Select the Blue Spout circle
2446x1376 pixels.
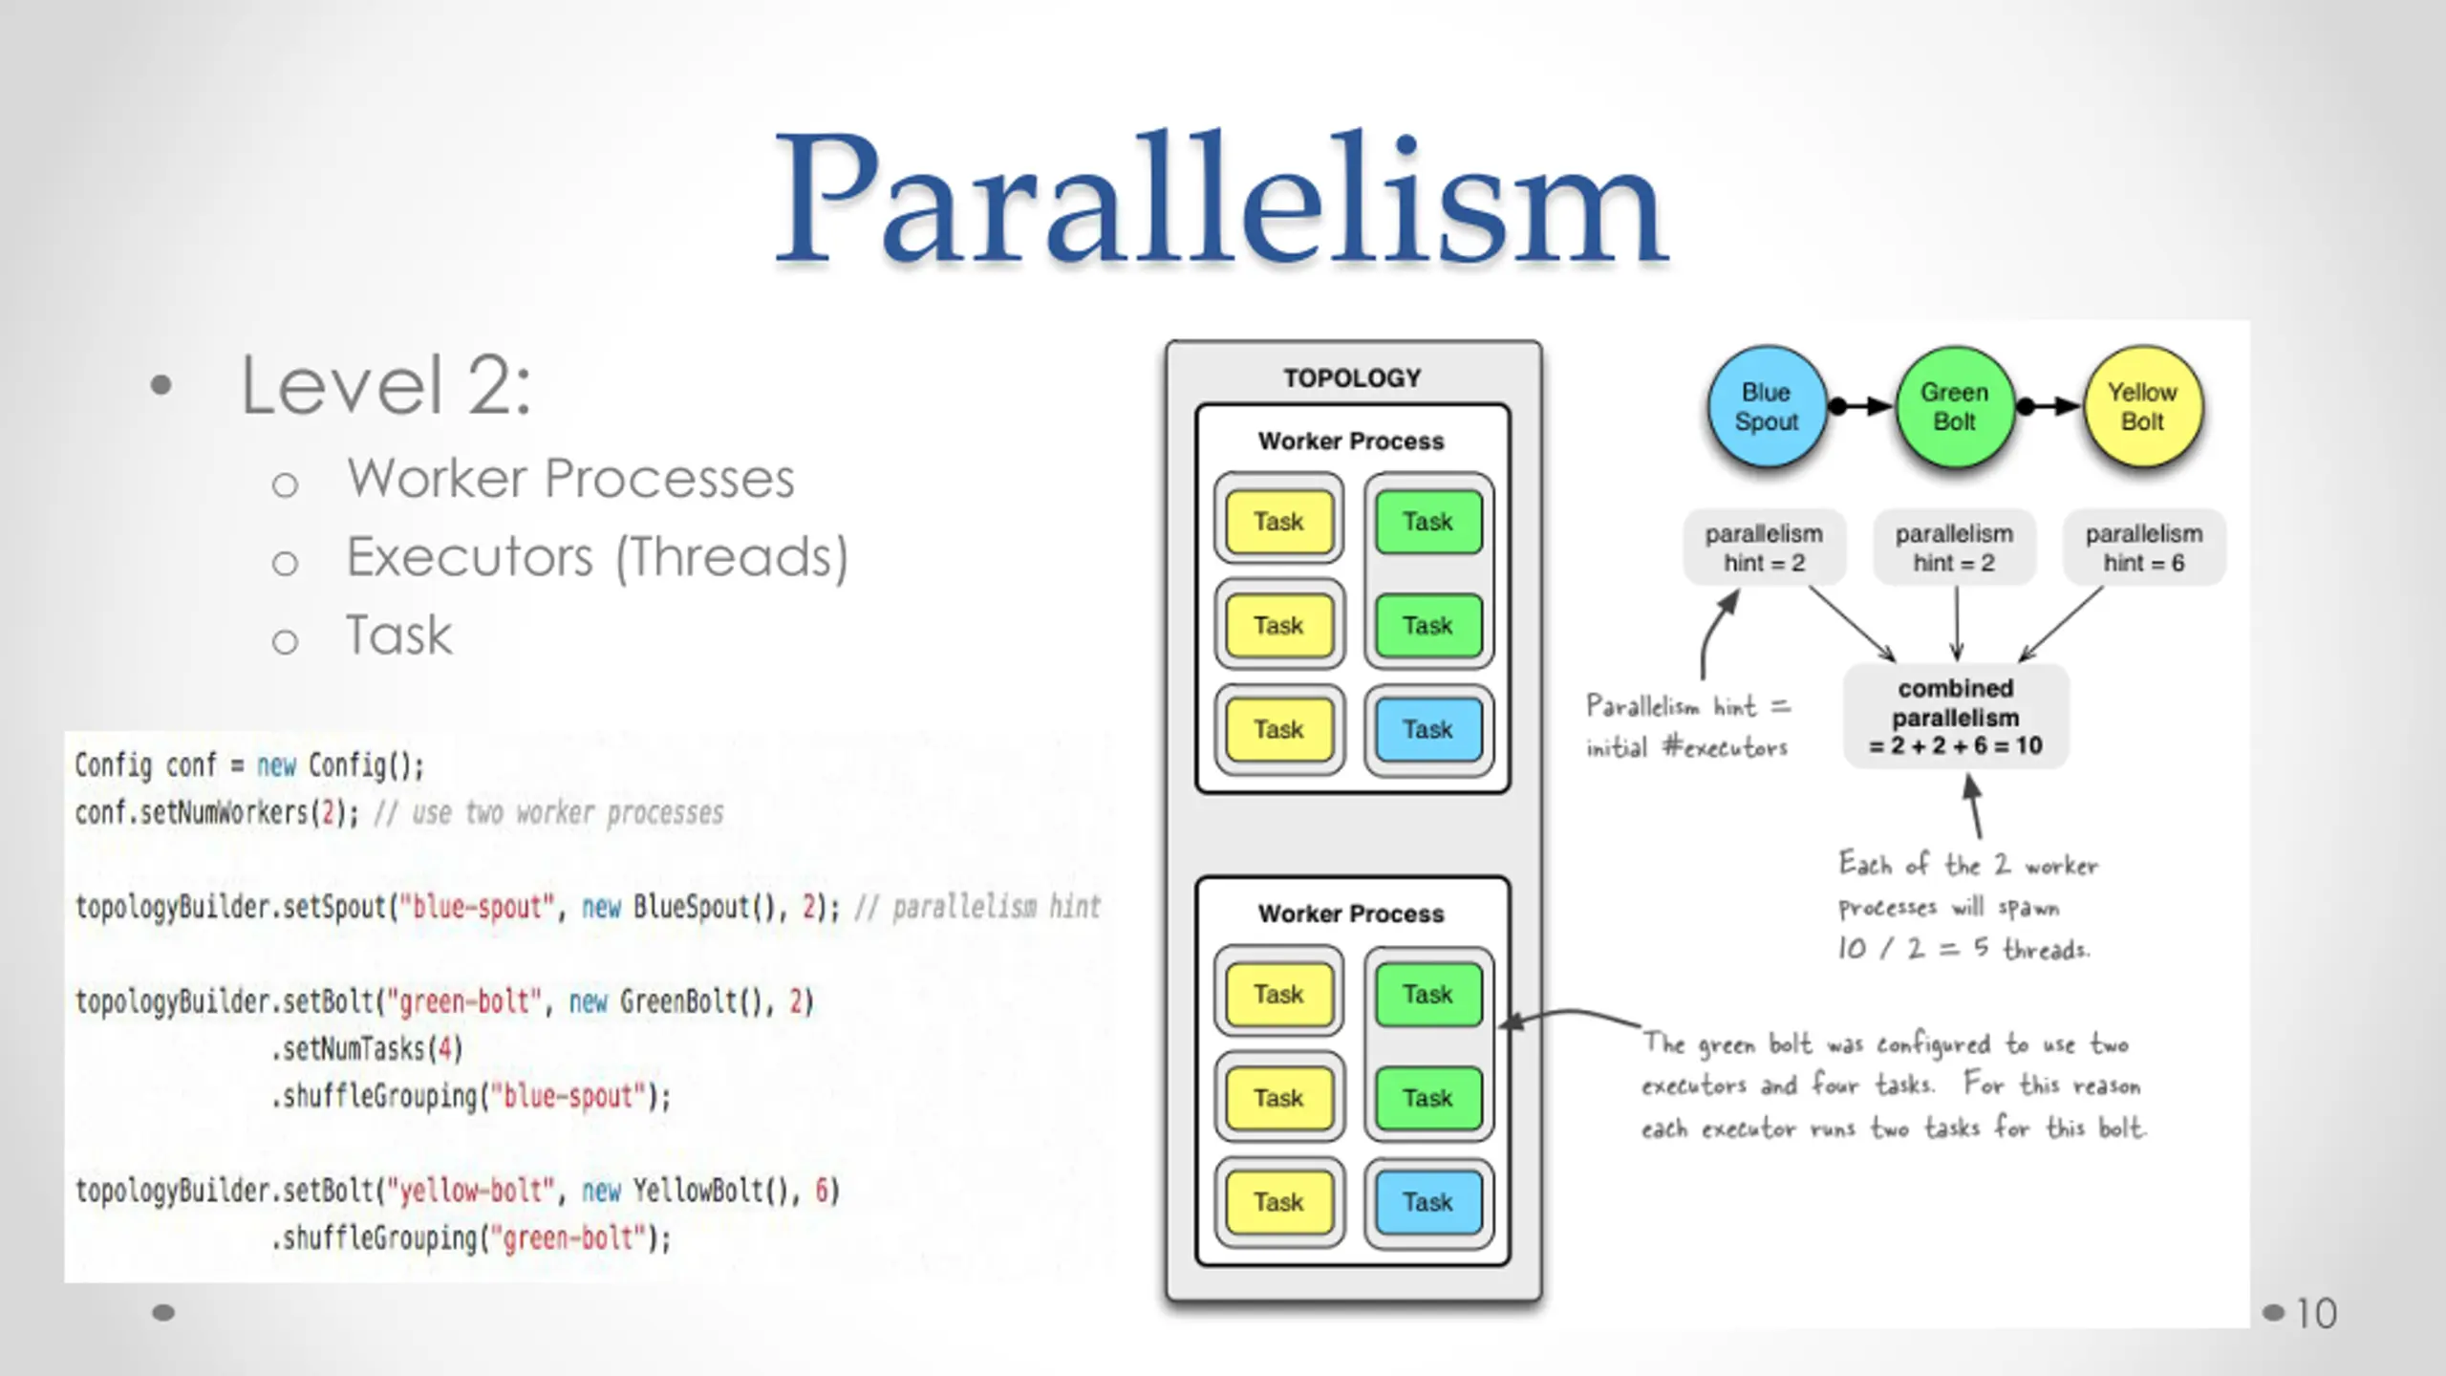click(1767, 407)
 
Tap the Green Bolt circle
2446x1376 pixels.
click(1955, 407)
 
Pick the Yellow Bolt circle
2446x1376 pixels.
click(2143, 407)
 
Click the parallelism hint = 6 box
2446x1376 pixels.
click(2144, 548)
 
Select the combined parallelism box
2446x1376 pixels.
click(1956, 717)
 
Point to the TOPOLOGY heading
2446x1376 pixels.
click(1352, 378)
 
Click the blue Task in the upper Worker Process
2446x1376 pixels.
click(1428, 729)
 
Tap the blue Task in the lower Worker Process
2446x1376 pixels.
click(1428, 1202)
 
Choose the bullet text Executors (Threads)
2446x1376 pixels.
click(597, 557)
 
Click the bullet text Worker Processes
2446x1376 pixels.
click(570, 478)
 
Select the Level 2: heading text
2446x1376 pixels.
click(385, 385)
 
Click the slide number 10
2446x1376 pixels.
click(2316, 1314)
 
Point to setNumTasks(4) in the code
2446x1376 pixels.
click(367, 1049)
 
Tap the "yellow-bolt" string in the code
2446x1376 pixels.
click(476, 1191)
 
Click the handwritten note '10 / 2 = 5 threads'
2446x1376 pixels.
click(1963, 949)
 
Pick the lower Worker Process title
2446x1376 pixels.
click(1351, 914)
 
